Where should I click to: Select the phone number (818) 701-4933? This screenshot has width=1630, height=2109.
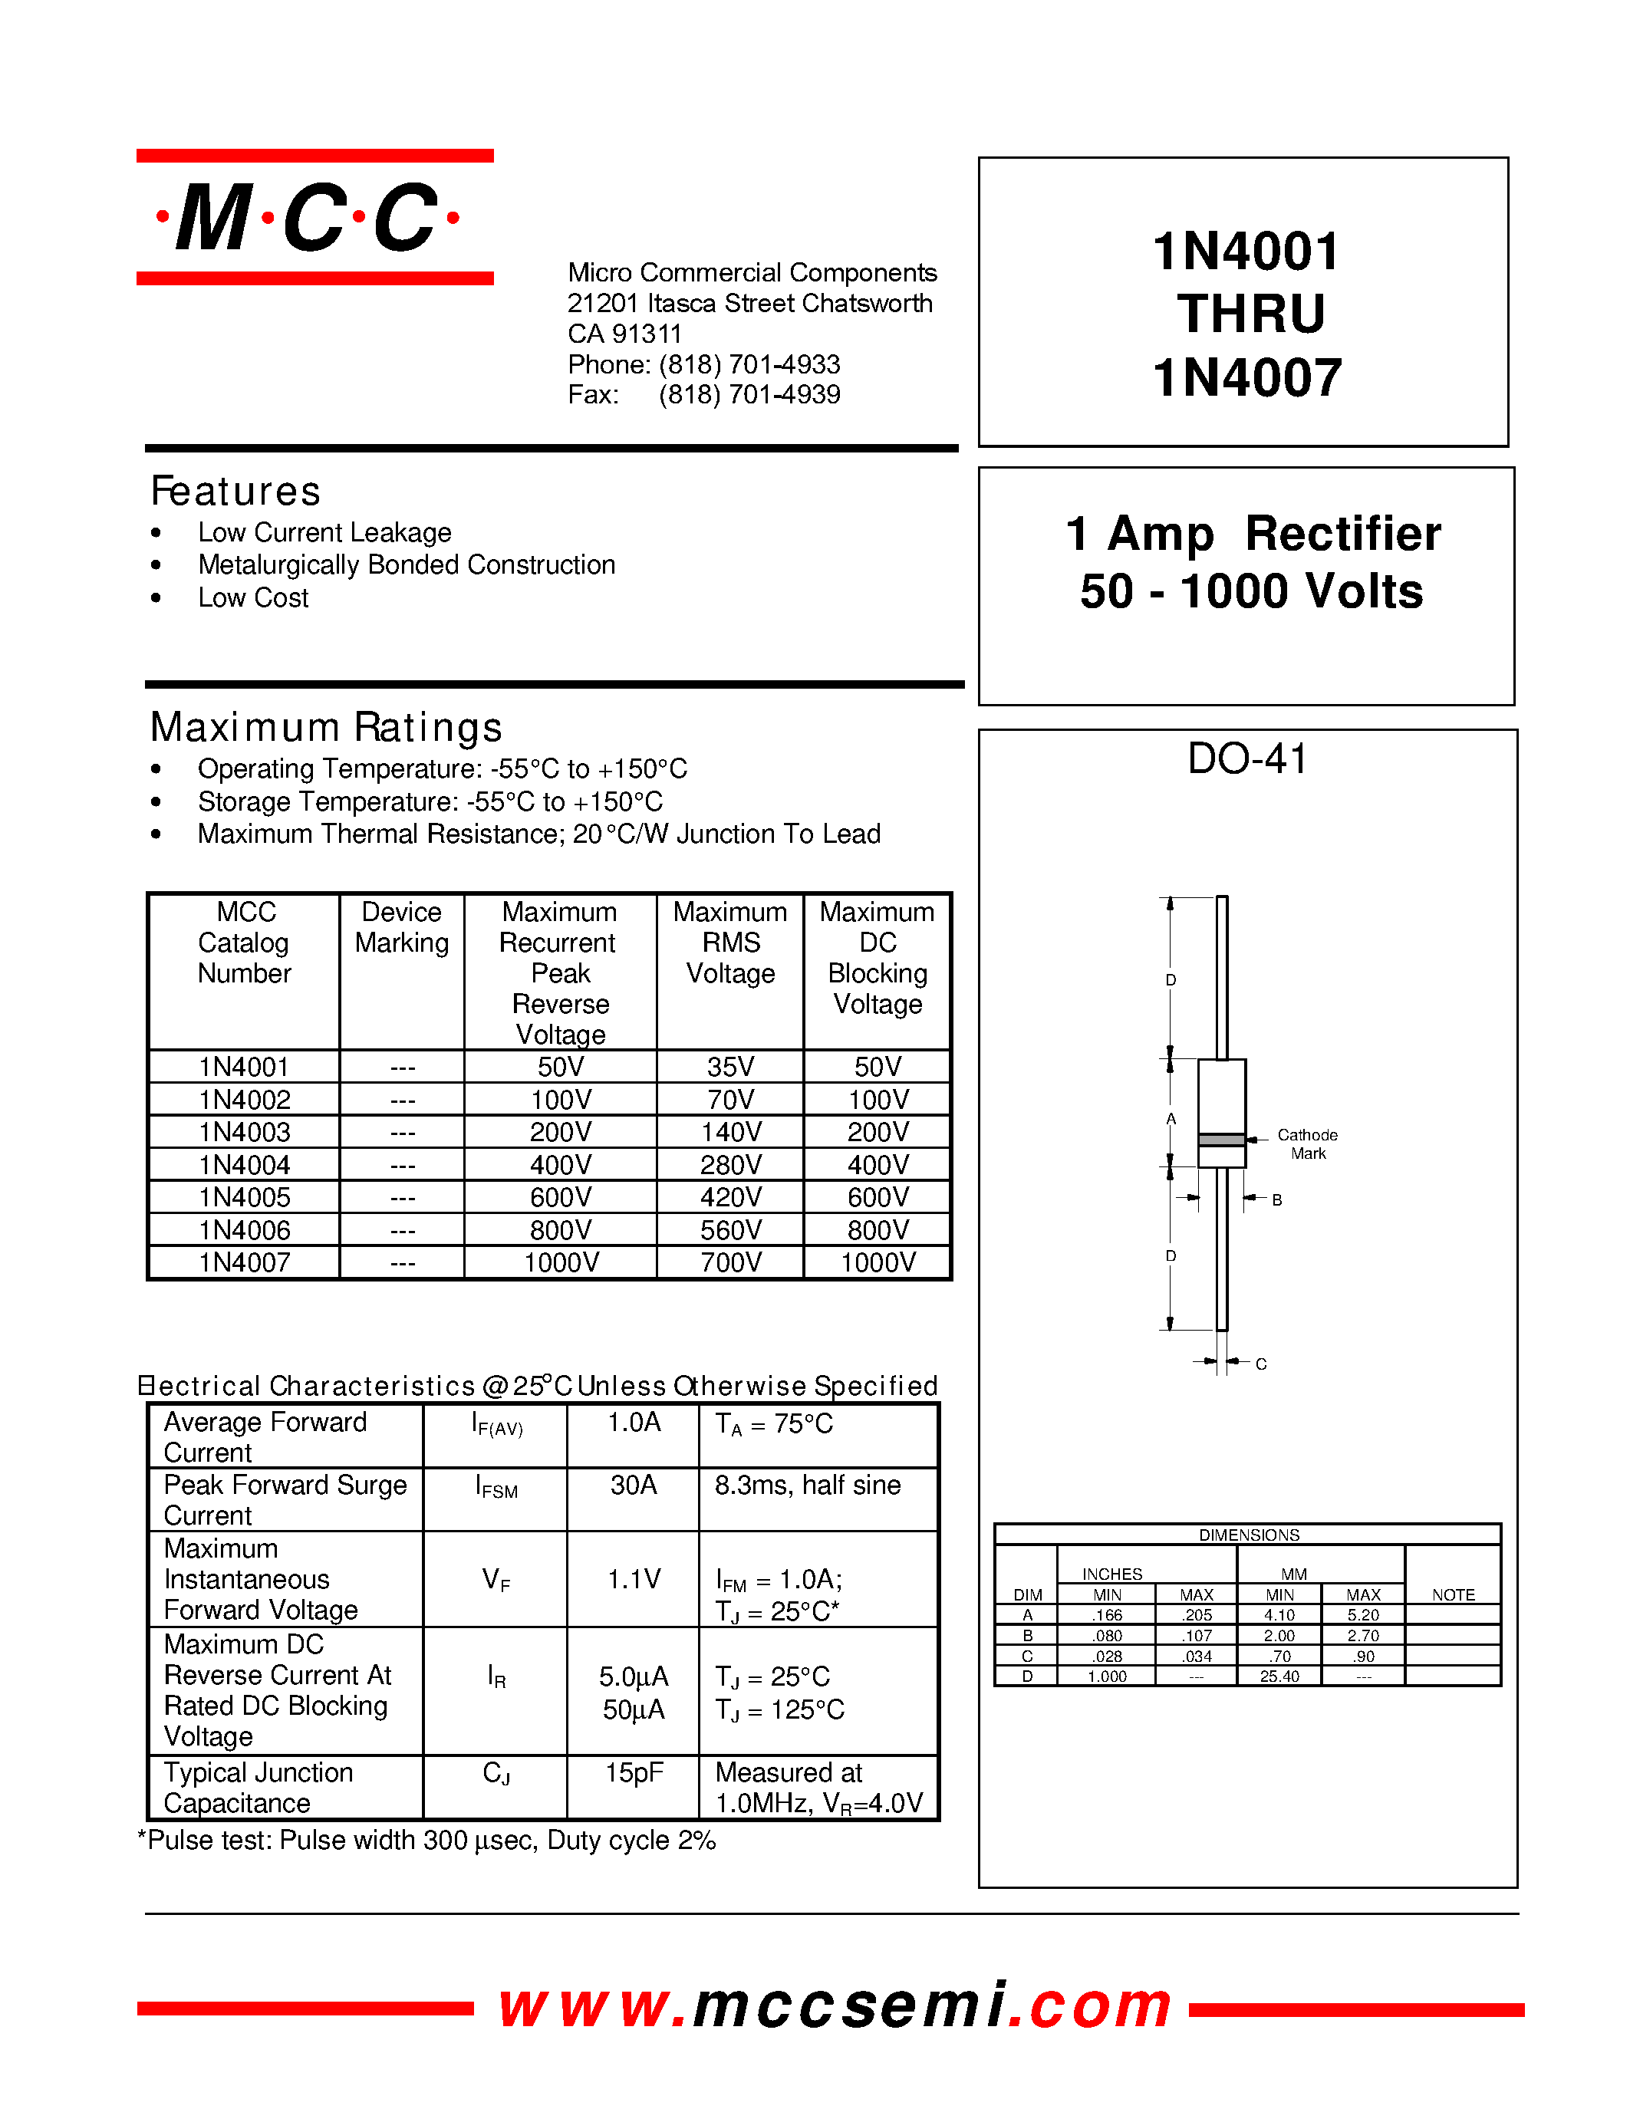click(x=749, y=364)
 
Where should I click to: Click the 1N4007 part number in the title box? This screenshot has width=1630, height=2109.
click(x=1246, y=377)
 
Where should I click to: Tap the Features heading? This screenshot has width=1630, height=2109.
click(x=235, y=492)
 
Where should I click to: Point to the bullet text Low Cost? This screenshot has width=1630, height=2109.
click(x=253, y=597)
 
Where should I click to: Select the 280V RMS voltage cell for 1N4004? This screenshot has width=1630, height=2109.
click(x=730, y=1165)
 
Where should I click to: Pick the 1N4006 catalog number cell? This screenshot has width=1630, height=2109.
click(x=244, y=1229)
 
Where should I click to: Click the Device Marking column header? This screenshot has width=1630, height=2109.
click(x=402, y=927)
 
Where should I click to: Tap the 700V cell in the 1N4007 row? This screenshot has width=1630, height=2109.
click(x=730, y=1262)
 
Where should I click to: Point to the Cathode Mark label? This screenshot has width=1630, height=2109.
click(x=1308, y=1143)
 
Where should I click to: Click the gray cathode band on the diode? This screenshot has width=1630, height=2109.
click(x=1221, y=1140)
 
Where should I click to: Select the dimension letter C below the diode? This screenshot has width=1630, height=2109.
click(x=1261, y=1364)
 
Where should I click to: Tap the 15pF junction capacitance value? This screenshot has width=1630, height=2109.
click(x=634, y=1773)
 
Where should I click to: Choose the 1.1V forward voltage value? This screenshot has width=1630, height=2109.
click(x=634, y=1580)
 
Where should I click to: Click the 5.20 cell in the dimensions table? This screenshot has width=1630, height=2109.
click(x=1362, y=1614)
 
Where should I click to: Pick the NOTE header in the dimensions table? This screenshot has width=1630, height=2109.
click(x=1452, y=1594)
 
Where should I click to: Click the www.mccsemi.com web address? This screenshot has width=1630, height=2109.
click(x=835, y=2005)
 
